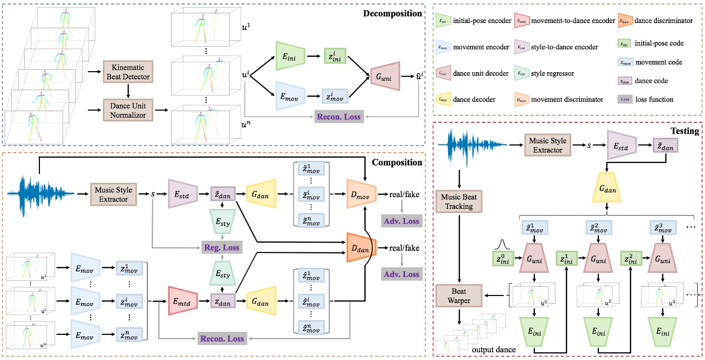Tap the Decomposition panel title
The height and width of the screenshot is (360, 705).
[x=392, y=14]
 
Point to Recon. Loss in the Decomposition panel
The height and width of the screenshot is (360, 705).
[x=339, y=117]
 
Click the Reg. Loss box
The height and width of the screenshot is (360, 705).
[x=222, y=247]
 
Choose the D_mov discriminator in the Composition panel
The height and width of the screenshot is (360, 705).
[x=361, y=194]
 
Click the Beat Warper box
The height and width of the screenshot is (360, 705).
[x=459, y=295]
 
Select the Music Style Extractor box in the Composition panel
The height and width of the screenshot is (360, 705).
[x=113, y=194]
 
